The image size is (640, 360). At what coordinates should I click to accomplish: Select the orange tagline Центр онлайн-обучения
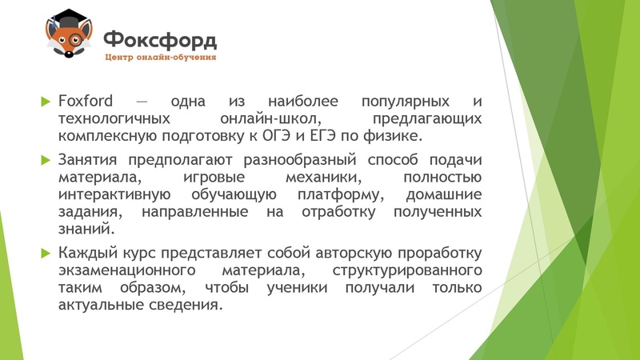(x=160, y=58)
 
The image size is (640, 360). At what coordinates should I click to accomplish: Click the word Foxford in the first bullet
(x=85, y=102)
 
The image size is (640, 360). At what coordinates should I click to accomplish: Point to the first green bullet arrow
(x=45, y=102)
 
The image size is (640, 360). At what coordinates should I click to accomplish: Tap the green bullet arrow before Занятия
(x=45, y=159)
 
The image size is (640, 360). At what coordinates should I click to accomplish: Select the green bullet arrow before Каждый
(x=45, y=254)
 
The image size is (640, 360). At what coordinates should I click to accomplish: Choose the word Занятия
(x=88, y=159)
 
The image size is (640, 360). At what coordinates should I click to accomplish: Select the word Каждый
(x=86, y=254)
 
